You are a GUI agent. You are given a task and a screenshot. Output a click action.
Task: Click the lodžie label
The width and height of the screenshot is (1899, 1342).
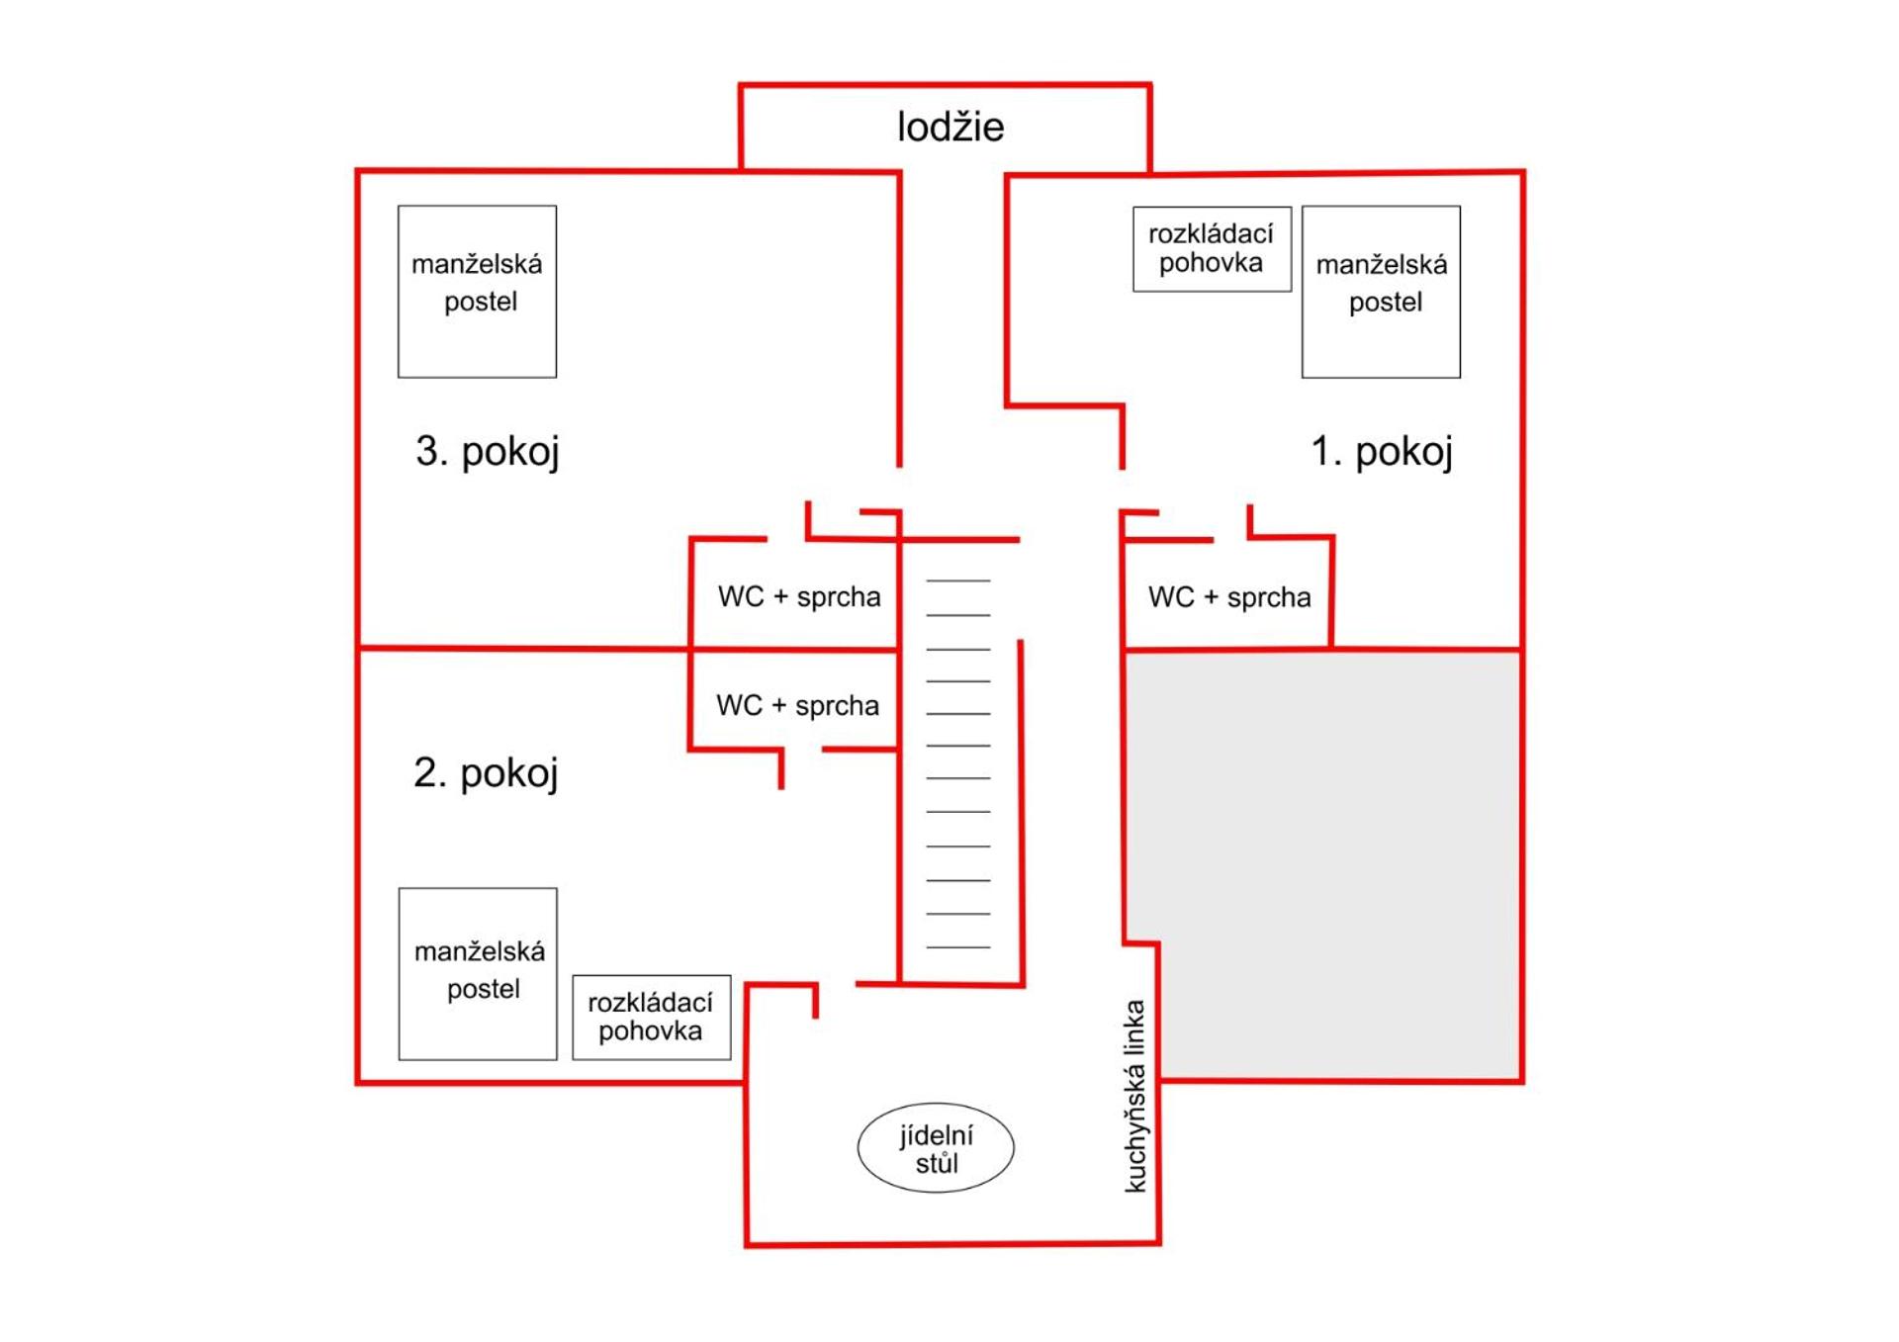950,127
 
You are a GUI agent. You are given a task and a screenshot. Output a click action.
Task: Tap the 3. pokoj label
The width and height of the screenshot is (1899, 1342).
488,451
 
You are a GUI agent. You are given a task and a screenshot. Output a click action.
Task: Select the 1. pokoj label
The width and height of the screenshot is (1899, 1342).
1382,451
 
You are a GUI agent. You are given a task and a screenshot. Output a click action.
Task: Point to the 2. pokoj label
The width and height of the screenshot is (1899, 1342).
486,772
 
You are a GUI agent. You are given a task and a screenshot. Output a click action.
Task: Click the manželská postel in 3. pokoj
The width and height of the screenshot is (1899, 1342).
478,292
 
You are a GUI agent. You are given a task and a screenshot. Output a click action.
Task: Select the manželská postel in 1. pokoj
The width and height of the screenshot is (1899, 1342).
1381,292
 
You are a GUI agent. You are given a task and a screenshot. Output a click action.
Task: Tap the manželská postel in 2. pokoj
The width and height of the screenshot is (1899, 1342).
478,974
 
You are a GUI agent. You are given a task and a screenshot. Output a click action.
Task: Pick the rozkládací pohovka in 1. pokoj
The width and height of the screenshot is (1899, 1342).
1212,249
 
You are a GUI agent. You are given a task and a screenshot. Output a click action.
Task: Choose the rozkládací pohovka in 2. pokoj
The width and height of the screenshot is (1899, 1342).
652,1018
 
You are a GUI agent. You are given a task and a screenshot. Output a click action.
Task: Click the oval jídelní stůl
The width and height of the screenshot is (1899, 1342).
936,1148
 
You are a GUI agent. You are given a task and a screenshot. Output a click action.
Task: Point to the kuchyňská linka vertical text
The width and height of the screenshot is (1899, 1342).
1135,1096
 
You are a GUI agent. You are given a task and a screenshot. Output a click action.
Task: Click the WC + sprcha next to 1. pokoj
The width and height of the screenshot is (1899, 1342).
1229,597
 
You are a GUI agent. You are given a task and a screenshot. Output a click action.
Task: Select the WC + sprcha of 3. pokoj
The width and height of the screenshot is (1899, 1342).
799,596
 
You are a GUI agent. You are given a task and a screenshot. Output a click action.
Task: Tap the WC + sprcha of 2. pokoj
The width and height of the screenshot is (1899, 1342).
797,705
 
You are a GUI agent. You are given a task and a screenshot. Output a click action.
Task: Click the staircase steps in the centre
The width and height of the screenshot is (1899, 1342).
958,763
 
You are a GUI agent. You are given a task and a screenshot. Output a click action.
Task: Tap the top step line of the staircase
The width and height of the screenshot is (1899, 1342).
958,581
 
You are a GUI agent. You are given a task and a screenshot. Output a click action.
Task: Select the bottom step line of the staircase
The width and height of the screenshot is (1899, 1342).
958,947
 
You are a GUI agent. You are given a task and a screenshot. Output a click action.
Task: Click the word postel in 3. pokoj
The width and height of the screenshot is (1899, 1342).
481,302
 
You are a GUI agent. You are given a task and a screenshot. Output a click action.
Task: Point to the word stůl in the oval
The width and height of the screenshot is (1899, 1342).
937,1163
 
